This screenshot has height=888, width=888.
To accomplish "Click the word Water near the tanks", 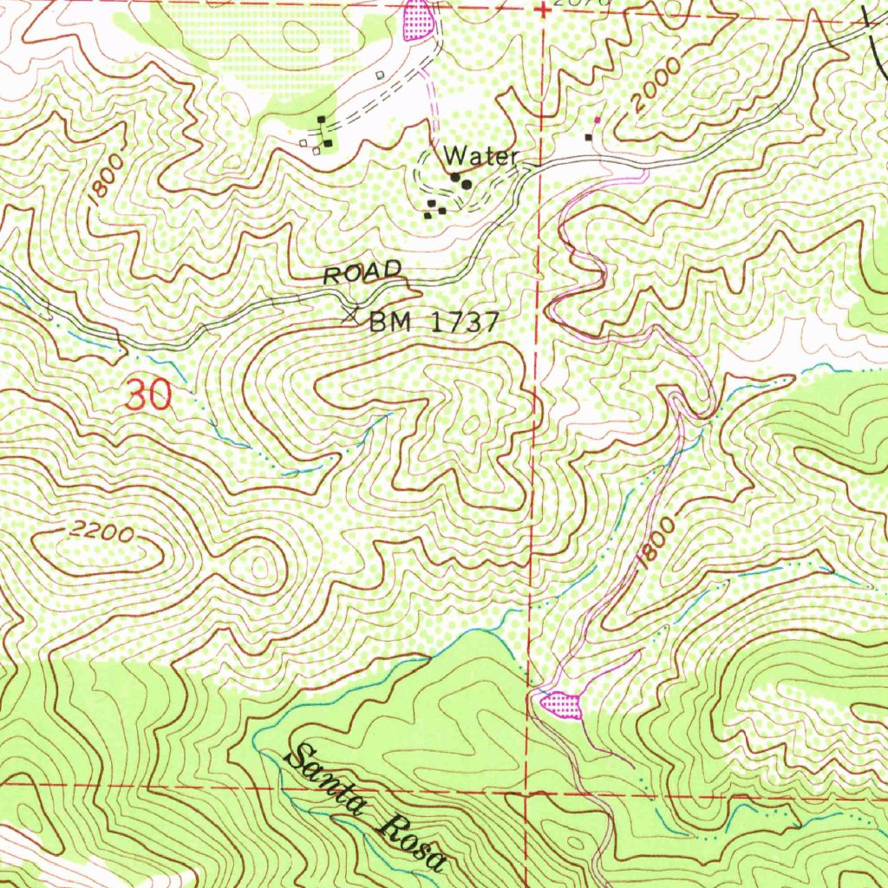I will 481,157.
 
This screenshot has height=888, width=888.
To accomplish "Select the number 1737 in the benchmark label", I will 464,323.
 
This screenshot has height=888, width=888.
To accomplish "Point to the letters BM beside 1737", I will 388,323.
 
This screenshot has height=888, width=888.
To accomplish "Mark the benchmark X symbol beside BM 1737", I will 352,313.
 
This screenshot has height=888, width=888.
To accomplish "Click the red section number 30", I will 148,397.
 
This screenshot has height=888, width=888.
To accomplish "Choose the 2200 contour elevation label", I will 102,533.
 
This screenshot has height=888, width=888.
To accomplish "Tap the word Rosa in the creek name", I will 413,843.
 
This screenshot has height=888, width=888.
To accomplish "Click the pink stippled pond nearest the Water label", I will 418,20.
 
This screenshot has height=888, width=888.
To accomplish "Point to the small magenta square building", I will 597,119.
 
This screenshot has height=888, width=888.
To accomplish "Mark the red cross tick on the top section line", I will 542,10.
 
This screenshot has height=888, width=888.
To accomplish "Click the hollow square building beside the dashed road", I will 380,76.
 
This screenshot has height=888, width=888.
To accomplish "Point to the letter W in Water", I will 454,157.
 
